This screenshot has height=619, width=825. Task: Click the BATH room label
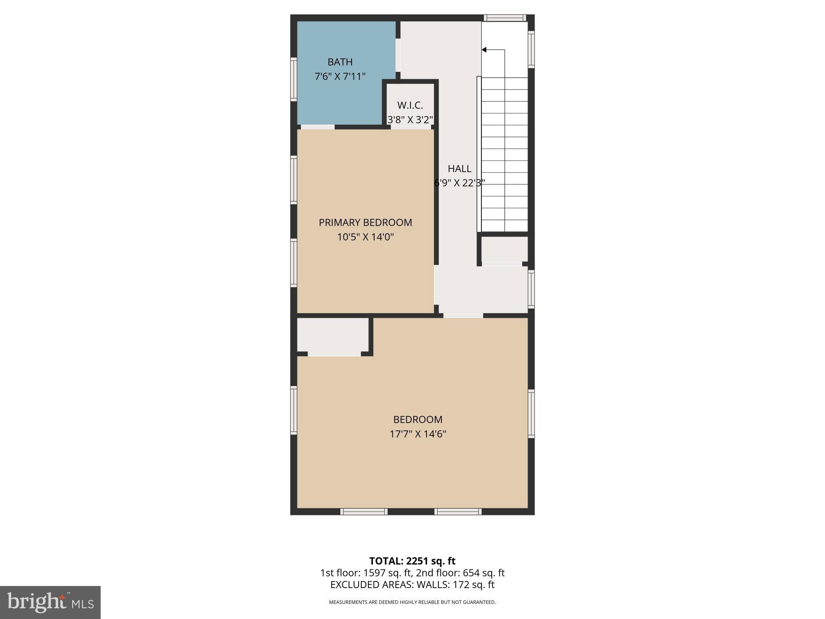pos(340,62)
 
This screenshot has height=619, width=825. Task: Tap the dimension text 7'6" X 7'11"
pos(340,76)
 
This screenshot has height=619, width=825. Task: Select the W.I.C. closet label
pos(410,105)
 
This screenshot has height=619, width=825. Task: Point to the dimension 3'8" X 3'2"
pos(410,120)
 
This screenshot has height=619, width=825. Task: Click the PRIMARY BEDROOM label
pos(365,222)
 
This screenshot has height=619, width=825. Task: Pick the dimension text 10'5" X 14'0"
pos(365,237)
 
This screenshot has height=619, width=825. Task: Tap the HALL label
pos(459,168)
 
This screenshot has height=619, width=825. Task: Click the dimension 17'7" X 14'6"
pos(417,434)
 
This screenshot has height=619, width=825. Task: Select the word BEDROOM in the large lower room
pos(417,420)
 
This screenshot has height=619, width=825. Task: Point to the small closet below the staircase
pos(504,249)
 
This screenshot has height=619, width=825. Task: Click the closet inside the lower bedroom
pos(332,335)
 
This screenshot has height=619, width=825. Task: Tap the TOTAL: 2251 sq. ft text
pos(412,561)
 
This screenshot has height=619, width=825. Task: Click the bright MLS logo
pos(50,602)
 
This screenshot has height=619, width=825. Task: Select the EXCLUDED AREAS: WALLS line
pos(412,585)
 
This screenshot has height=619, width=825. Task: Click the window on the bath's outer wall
pos(294,79)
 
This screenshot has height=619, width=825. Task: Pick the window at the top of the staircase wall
pos(504,18)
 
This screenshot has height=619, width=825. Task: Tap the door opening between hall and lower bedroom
pos(463,316)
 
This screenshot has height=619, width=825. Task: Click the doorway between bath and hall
pos(398,55)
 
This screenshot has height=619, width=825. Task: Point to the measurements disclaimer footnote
pos(412,602)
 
